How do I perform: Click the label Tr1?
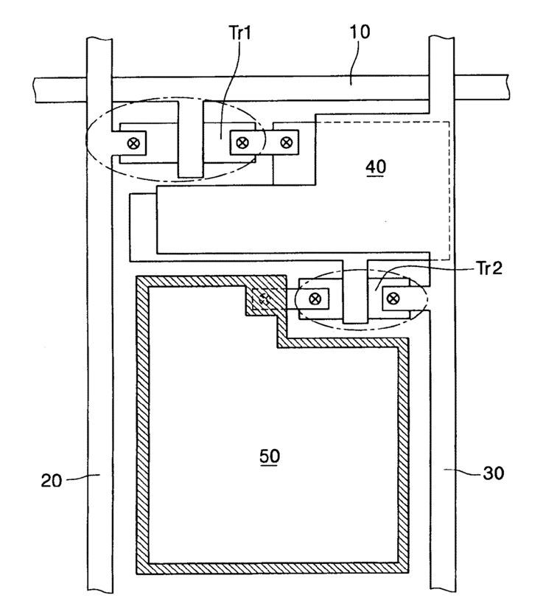241,32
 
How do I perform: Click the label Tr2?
489,268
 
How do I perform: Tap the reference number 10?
360,32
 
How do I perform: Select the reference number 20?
52,481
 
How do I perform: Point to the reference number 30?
494,473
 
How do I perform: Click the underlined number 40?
376,167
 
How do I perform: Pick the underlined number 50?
270,456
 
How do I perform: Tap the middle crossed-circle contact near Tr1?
242,142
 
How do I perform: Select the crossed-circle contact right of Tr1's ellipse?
287,142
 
